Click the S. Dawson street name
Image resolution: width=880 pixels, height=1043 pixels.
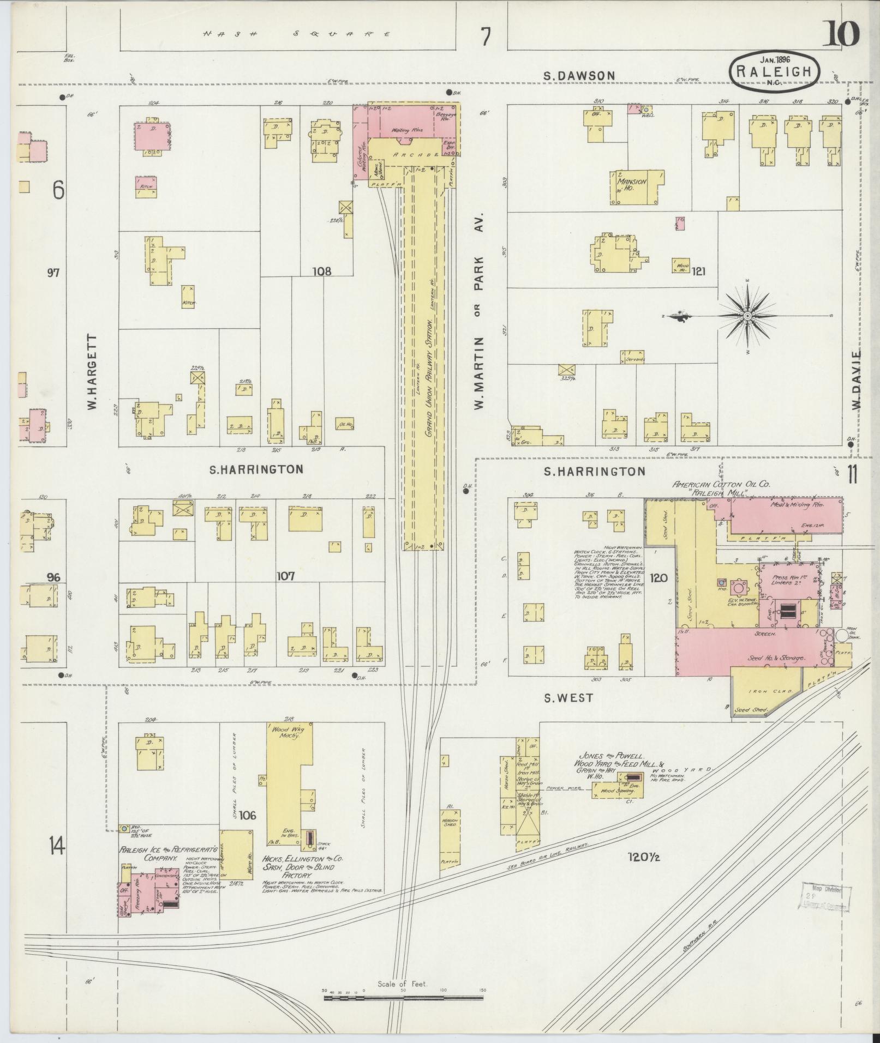[579, 76]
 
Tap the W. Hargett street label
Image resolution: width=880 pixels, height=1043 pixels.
[92, 372]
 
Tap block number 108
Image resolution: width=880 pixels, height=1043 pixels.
[322, 270]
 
